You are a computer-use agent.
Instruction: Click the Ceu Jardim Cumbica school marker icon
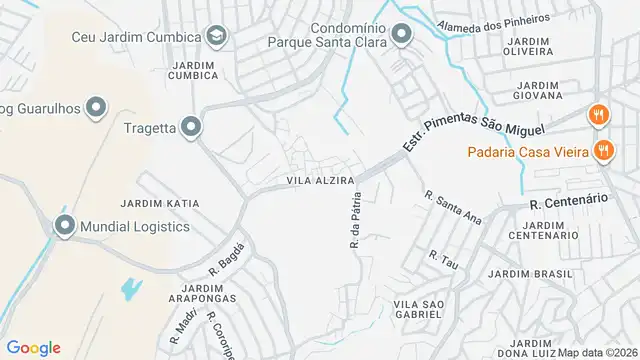click(216, 37)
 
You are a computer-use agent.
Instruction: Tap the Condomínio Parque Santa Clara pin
click(401, 37)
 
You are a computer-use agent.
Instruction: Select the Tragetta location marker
click(191, 127)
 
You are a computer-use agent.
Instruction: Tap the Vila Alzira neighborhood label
click(321, 180)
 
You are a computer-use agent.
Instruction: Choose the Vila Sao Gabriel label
click(418, 308)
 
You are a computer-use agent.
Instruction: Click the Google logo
click(33, 347)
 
